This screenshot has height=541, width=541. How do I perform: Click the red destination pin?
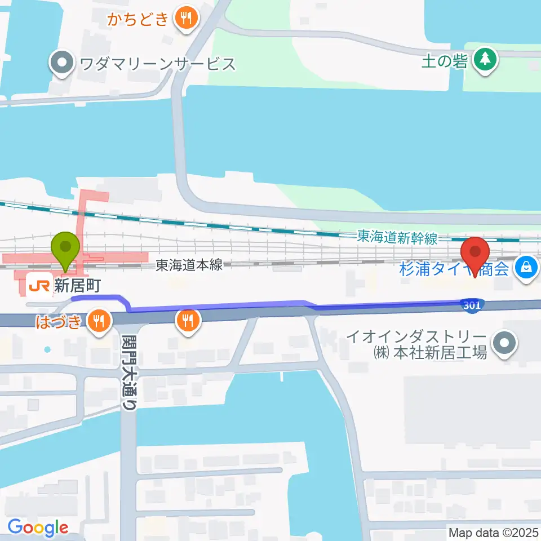point(475,255)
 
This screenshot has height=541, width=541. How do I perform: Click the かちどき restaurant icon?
point(184,19)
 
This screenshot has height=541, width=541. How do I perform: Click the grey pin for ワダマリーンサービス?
point(63,64)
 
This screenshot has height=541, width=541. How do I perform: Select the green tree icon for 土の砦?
point(484,61)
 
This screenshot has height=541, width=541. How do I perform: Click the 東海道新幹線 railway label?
point(397,238)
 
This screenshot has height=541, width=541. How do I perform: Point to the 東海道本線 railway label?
point(189,264)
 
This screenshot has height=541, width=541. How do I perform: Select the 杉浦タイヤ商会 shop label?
point(454,269)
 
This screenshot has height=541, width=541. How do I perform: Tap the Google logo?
point(38,527)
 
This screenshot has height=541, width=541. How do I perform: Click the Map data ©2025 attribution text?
point(492,532)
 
